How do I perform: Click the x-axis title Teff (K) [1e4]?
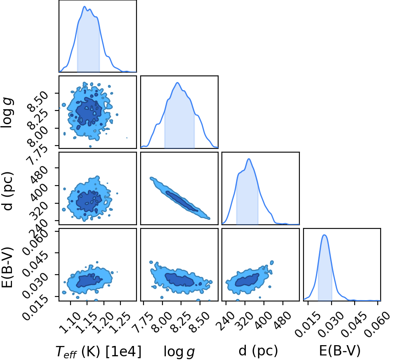point(99,351)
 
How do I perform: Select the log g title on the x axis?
point(179,351)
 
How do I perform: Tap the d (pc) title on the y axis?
point(8,191)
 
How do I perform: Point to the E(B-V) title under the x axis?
point(340,351)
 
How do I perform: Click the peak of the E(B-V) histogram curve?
point(324,235)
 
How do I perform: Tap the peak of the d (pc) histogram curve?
point(249,159)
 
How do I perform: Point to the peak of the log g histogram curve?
point(177,82)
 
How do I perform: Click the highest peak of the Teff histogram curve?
point(85,7)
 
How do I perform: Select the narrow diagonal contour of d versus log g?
point(180,198)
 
